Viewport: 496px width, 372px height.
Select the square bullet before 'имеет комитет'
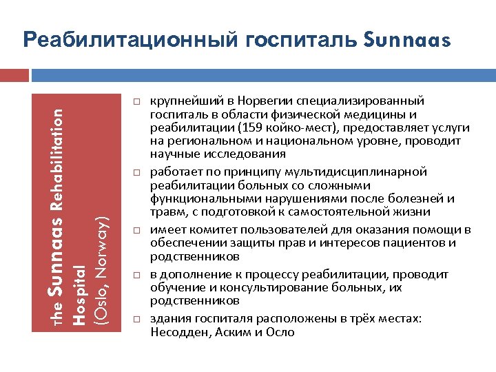pyautogui.click(x=136, y=229)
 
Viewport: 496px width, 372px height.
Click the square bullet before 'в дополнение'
pyautogui.click(x=136, y=275)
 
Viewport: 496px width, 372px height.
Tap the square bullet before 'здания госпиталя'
pyautogui.click(x=136, y=320)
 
